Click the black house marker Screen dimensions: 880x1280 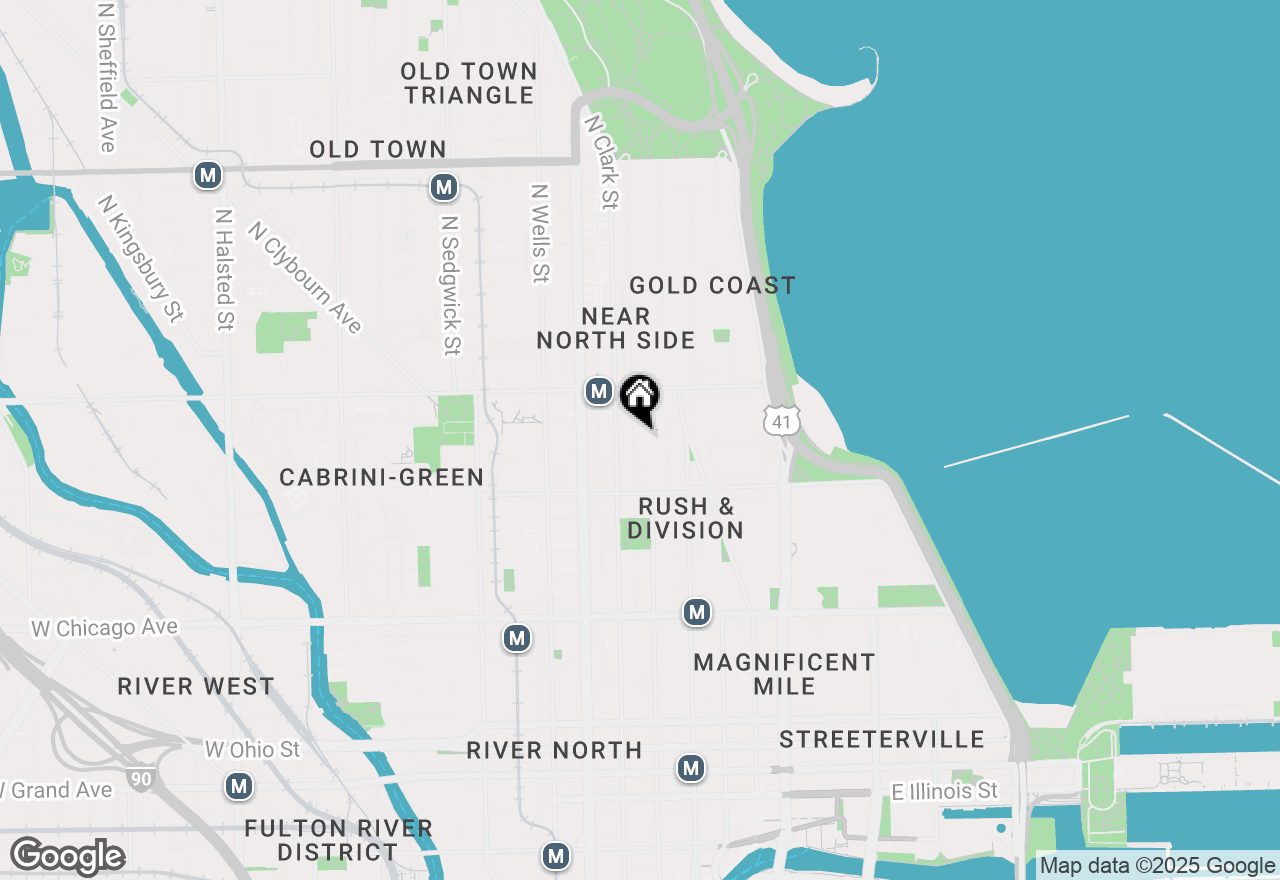[640, 397]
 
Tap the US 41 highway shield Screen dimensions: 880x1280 [781, 420]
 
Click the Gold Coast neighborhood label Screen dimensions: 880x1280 [712, 286]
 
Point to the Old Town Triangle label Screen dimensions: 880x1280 [469, 84]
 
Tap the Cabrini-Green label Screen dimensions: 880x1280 [382, 478]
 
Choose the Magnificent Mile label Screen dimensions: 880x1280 [784, 674]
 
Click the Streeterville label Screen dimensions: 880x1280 [882, 740]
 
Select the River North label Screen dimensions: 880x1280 [554, 751]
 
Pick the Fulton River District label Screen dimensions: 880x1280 [338, 840]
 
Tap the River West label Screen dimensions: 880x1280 [196, 687]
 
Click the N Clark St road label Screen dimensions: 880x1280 [601, 161]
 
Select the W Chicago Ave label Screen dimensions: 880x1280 [105, 628]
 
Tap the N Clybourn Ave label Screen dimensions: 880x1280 [305, 277]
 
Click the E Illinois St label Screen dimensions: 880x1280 [944, 792]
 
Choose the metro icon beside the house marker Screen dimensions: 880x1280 [598, 391]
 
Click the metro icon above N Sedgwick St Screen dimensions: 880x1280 [444, 187]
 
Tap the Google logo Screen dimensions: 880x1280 [67, 857]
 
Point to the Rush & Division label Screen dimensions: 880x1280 [686, 518]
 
